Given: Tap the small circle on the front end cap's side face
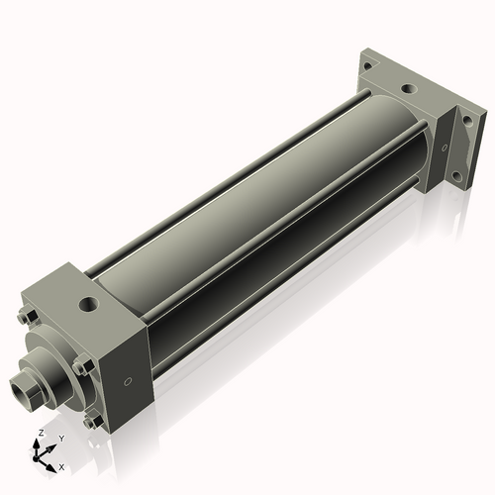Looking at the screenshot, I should coord(127,381).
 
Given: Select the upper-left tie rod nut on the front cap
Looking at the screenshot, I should coord(27,318).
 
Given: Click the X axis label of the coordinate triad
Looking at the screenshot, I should coord(61,465).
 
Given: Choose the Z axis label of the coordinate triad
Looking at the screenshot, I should coord(39,433).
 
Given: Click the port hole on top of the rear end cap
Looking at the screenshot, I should coord(406,89).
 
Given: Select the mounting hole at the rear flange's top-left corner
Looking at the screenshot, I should coord(368,66).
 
